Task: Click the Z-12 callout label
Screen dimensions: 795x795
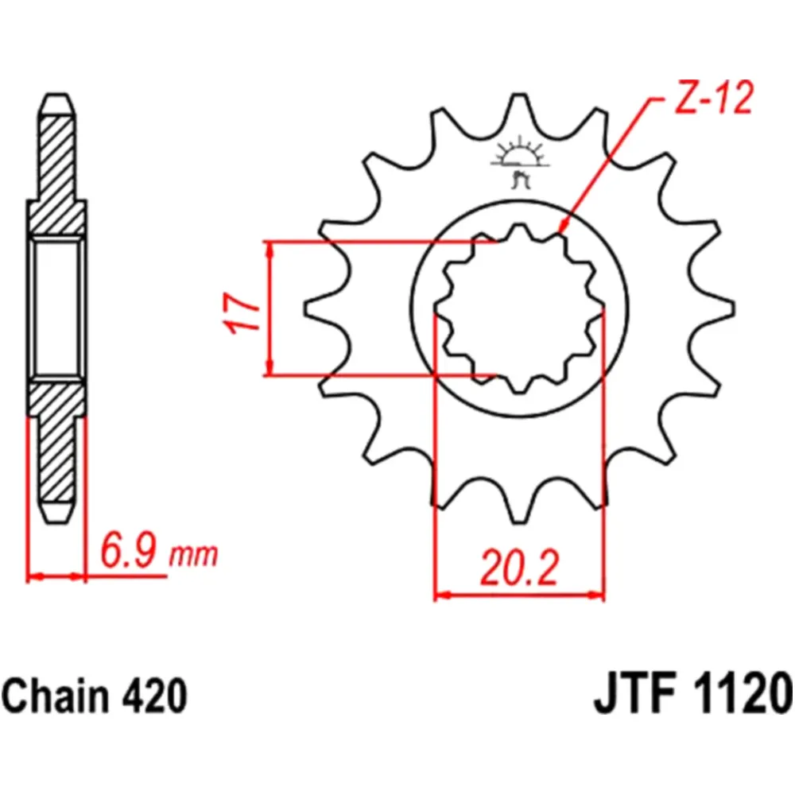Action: tap(712, 103)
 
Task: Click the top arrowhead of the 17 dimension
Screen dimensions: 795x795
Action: tap(271, 249)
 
